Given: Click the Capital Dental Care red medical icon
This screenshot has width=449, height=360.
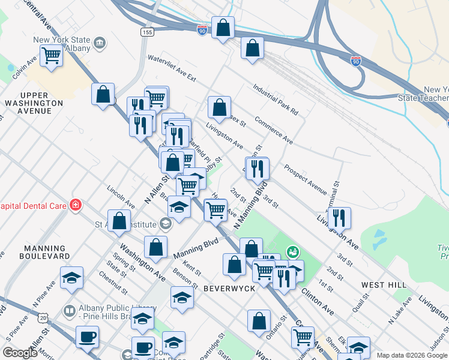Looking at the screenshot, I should pos(76,205).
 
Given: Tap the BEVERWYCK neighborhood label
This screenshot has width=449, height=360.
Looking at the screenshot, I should pos(230,289).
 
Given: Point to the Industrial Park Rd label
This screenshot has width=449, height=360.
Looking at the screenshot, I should pos(276,99).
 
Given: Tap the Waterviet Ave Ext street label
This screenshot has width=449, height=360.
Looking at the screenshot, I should pos(172,69).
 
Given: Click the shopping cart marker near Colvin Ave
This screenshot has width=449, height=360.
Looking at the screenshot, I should pos(52,56).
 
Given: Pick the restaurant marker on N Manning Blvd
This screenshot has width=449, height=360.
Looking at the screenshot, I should pos(258,168).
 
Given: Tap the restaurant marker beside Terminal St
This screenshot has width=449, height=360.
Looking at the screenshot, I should pos(340,217).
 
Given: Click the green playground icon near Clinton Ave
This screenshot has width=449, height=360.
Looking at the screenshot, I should pos(293,251).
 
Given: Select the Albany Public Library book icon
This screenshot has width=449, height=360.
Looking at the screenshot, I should pos(69,311).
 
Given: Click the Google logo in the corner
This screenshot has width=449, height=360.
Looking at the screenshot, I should pos(20,353).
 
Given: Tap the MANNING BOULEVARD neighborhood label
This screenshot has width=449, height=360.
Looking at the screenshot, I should pos(44,252).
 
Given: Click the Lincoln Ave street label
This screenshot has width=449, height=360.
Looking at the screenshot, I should pos(118,196).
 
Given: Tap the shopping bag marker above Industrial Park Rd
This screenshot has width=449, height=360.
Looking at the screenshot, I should pos(253,47).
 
